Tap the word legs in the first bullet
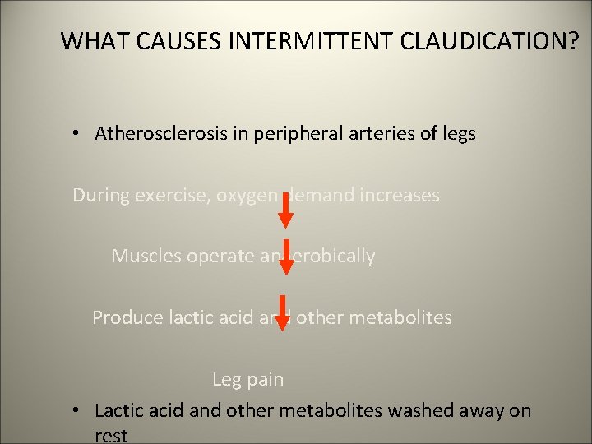457,133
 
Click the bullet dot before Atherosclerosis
75,133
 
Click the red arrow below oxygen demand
284,210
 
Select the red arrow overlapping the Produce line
284,313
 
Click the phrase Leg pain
247,380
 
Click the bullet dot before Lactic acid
75,410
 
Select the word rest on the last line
111,434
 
